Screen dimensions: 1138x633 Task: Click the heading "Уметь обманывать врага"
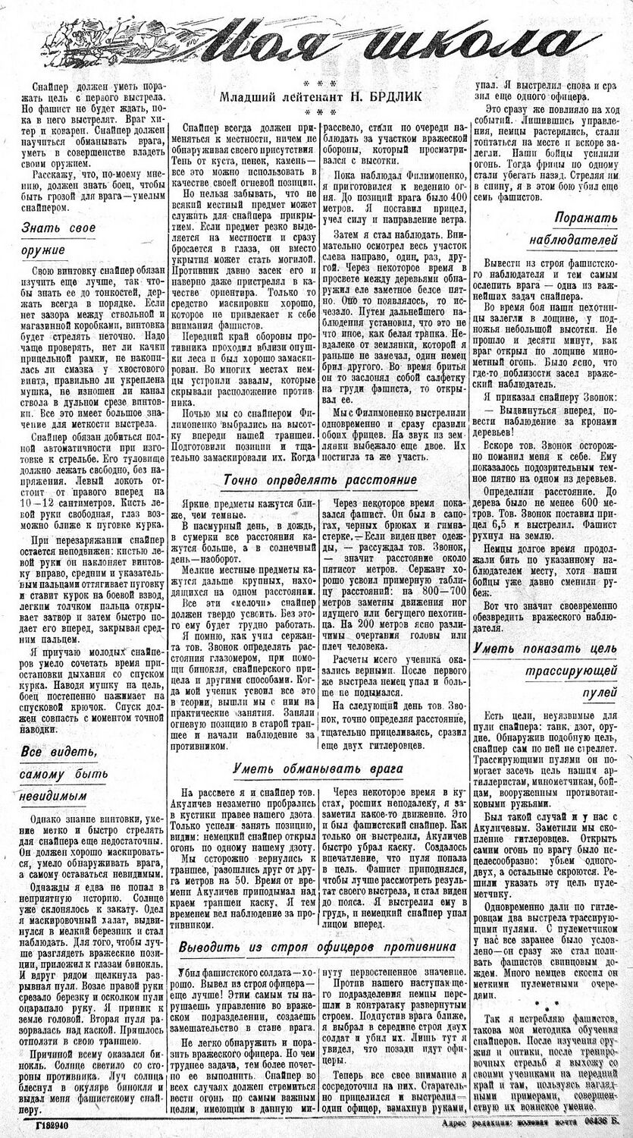[318, 768]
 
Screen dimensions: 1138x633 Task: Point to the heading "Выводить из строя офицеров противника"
[317, 947]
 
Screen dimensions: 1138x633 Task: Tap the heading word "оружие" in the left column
[43, 250]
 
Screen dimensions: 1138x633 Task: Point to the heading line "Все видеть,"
[53, 751]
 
